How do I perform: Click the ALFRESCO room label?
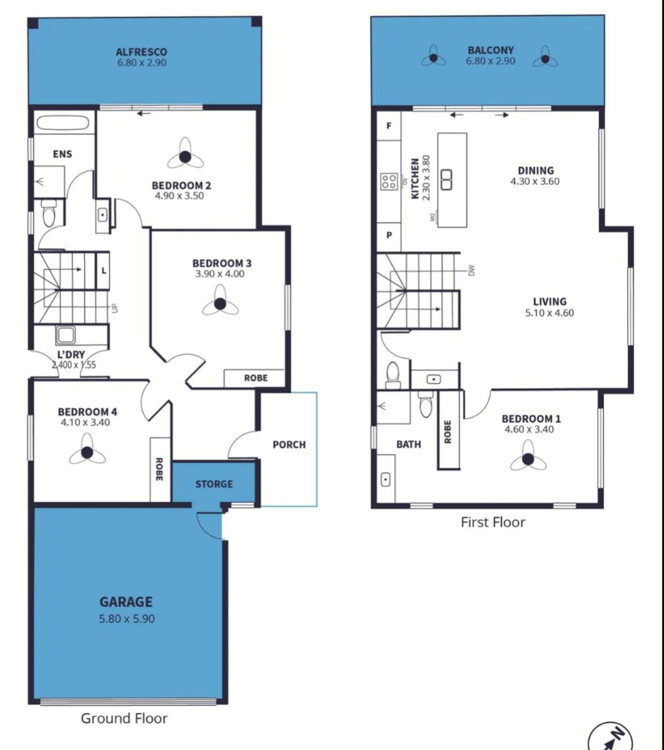pos(141,51)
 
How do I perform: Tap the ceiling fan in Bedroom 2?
pos(185,157)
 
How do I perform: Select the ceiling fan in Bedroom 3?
pos(220,304)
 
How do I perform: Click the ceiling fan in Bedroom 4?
pos(87,452)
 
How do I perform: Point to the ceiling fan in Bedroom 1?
pos(528,459)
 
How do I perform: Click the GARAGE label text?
pos(126,601)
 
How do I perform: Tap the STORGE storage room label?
pos(214,484)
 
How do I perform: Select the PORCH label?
pos(289,444)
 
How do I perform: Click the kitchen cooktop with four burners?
pos(389,181)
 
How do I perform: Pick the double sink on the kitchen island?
pos(446,179)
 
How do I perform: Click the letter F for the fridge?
pos(389,126)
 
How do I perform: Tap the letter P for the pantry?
pos(389,235)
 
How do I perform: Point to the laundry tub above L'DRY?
pos(66,334)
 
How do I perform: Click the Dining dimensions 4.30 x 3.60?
pos(535,181)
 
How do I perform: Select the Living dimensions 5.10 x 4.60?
pos(550,312)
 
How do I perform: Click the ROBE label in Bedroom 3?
pos(256,378)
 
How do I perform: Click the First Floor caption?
pos(493,522)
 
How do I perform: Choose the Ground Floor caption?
pos(124,718)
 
